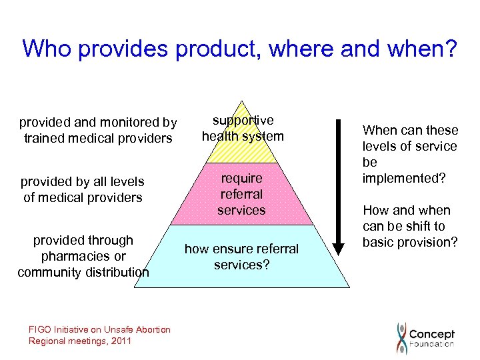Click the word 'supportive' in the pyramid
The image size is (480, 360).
click(x=243, y=121)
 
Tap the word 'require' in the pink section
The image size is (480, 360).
click(x=241, y=178)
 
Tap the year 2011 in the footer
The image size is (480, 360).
click(x=122, y=341)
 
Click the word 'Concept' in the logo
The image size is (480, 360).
click(x=431, y=333)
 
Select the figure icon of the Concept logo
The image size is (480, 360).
click(x=401, y=337)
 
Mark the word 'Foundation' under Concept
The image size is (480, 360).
click(x=431, y=344)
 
